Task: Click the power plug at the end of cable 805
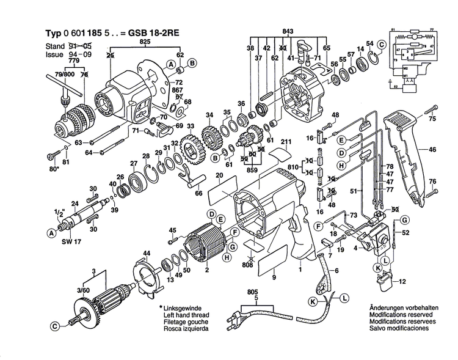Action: (238, 321)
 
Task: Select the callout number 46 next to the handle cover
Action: (432, 149)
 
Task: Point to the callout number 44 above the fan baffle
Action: (146, 253)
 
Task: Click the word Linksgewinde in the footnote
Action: (184, 307)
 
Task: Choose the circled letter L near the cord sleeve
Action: (344, 298)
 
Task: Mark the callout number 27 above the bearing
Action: (133, 163)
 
